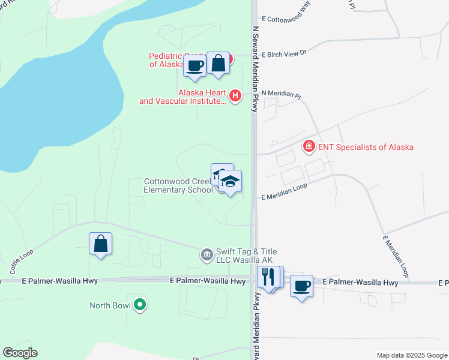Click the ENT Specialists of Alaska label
(366, 147)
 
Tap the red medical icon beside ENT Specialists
(309, 146)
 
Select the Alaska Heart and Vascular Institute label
(182, 97)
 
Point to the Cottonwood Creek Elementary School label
(178, 185)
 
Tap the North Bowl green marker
(140, 305)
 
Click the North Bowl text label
(110, 305)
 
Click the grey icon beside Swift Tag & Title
(206, 256)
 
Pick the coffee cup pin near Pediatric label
(195, 65)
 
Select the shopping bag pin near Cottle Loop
(101, 244)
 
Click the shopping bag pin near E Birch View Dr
(218, 63)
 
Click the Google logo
(20, 353)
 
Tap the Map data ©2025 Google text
(411, 355)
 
